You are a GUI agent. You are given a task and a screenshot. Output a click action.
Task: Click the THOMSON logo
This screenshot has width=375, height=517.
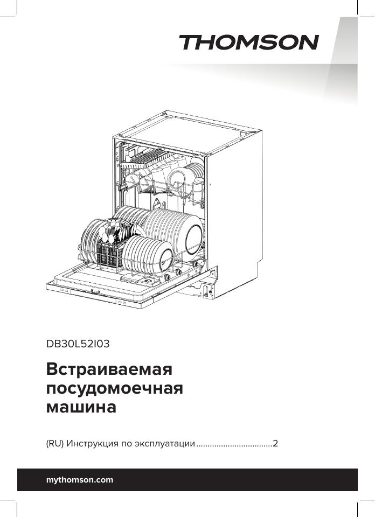248,43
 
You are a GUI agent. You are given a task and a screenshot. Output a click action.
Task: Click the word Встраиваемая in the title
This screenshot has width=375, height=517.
109,370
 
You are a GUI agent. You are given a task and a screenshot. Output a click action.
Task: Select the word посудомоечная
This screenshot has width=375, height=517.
115,388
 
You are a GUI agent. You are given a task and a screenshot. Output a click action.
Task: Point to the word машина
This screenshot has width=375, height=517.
81,407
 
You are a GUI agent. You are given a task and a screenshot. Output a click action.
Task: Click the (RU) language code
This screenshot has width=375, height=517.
55,444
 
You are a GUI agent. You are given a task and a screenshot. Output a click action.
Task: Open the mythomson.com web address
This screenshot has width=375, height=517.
80,480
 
